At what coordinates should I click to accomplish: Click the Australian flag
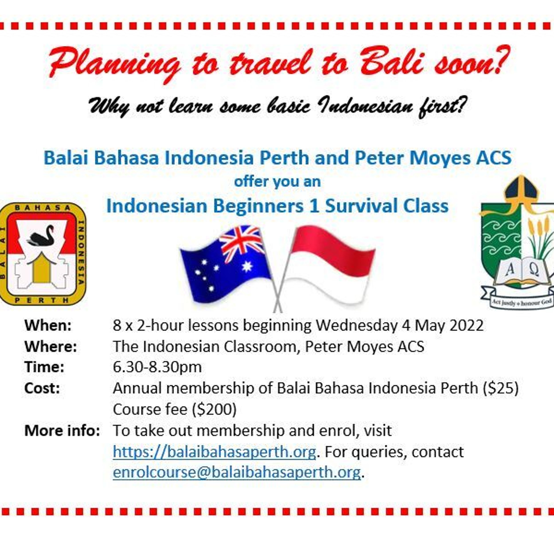(226, 264)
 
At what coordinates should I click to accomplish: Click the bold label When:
(48, 326)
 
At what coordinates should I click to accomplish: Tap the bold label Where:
(51, 347)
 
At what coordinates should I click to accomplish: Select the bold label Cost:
(42, 388)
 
